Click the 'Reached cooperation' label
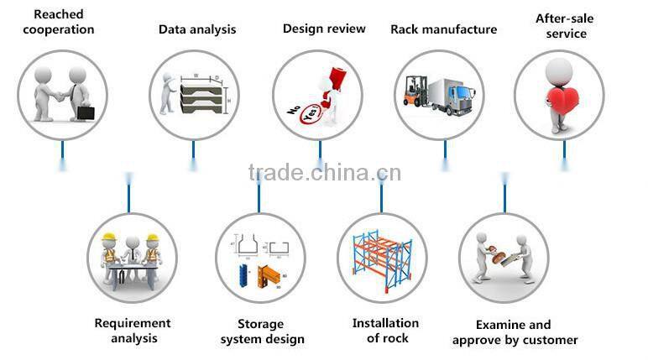click(x=58, y=22)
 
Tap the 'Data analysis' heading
click(x=197, y=29)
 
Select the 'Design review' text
click(x=324, y=29)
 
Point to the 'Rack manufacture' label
click(x=443, y=29)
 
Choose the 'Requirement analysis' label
click(x=133, y=331)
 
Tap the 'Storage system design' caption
click(x=262, y=331)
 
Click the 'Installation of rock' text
click(x=385, y=330)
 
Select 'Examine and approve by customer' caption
click(x=515, y=331)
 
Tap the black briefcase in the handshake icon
click(x=86, y=112)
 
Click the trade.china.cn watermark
click(x=325, y=173)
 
